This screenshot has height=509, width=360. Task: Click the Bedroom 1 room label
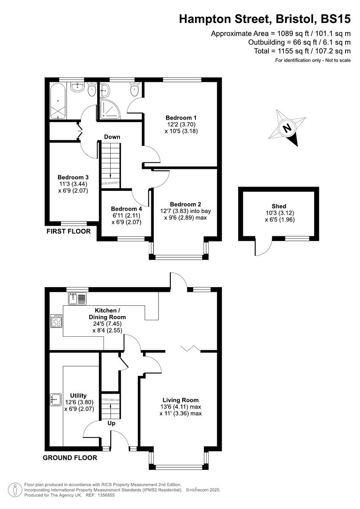181,117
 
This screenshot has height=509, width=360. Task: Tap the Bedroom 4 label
126,209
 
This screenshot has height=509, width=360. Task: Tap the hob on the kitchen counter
56,321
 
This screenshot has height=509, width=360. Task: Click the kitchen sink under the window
76,299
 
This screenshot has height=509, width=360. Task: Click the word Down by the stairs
113,137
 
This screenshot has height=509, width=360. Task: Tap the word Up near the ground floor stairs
112,423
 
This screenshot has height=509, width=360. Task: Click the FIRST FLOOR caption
68,232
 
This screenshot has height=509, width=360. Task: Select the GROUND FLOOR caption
70,458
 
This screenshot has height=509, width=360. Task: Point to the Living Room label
181,400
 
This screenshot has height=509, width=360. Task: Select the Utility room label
78,395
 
